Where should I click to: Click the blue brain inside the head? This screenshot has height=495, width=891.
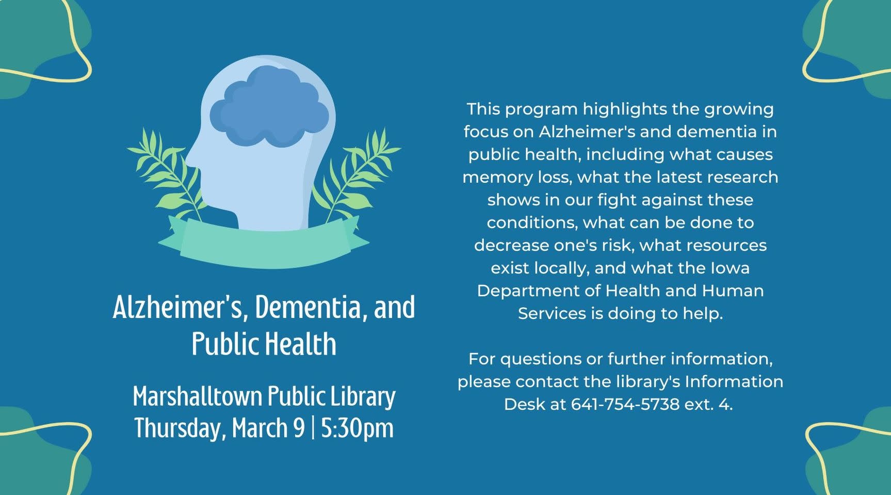pyautogui.click(x=269, y=107)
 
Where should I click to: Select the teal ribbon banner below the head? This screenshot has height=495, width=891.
pyautogui.click(x=264, y=243)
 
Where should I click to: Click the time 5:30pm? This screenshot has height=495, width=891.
pyautogui.click(x=357, y=428)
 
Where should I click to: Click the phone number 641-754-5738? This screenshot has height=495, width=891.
pyautogui.click(x=625, y=404)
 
